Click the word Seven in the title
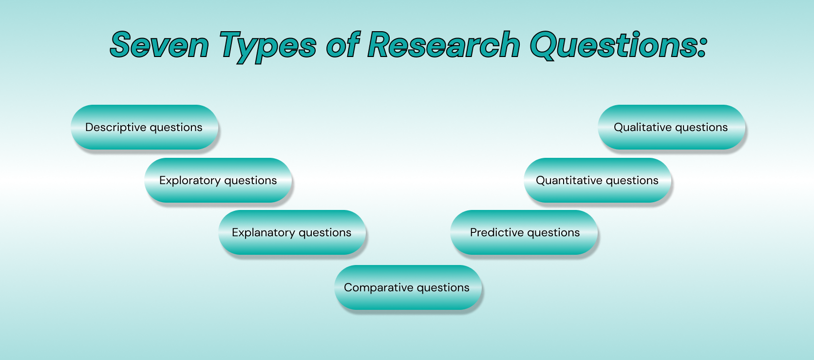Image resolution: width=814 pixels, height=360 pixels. point(159,45)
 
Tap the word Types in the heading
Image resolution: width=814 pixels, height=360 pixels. point(268,47)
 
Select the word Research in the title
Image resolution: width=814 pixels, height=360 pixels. point(444,45)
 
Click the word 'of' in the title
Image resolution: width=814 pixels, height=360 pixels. point(342,45)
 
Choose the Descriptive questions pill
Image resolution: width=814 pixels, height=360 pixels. point(145,127)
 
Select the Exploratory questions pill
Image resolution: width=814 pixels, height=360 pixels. point(218,180)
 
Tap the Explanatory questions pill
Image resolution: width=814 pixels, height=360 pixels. point(292,232)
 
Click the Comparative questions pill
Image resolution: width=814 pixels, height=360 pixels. point(408,287)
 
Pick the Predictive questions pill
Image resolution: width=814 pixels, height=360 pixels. point(524,232)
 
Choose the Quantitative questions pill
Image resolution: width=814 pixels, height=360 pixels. point(597,180)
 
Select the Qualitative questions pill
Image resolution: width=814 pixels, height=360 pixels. point(672,127)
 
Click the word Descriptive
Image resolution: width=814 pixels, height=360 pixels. point(115,128)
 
